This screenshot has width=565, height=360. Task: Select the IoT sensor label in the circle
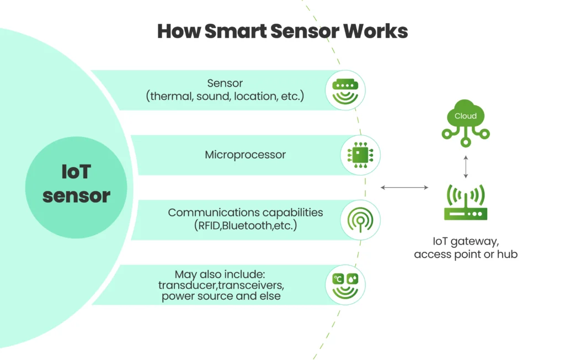point(76,184)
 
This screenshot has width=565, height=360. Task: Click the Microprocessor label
point(245,155)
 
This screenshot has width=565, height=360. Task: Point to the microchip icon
point(360,155)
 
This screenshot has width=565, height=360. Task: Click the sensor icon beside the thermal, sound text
point(345,90)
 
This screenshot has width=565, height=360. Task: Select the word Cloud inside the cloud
point(466,117)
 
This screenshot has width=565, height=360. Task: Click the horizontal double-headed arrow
point(404,188)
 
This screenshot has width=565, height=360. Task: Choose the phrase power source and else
point(221,297)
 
